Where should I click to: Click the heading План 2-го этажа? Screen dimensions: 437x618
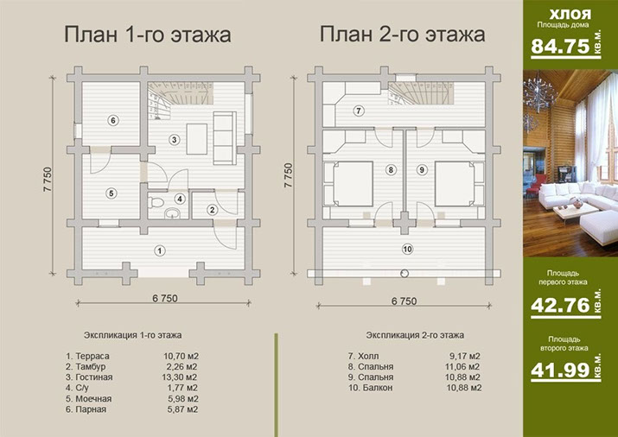[402, 35]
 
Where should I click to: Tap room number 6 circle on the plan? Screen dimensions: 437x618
[112, 120]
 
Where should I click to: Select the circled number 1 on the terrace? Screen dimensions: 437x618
[159, 251]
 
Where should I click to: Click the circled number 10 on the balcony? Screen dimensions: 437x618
[407, 250]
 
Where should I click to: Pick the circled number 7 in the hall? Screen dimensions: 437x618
[358, 111]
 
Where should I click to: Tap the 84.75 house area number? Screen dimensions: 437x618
[557, 46]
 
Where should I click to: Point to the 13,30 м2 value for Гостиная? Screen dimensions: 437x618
[181, 377]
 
